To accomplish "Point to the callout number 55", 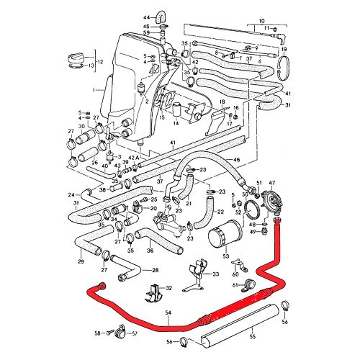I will tap(272, 336).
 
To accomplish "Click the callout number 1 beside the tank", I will tap(94, 90).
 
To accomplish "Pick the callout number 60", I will tap(235, 274).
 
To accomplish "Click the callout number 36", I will tap(150, 251).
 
